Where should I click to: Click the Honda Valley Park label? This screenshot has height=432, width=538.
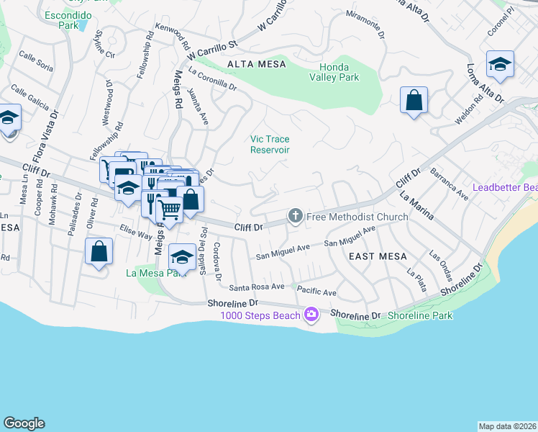tap(334, 72)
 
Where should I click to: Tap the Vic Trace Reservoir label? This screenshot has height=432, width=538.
tap(270, 145)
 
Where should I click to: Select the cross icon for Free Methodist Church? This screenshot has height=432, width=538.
tap(295, 216)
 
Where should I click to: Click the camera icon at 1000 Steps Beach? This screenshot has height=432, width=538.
tap(311, 314)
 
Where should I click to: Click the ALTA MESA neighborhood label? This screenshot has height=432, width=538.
tap(256, 64)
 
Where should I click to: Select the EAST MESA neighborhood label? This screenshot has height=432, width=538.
tap(378, 256)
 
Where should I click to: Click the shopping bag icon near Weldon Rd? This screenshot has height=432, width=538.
tap(414, 100)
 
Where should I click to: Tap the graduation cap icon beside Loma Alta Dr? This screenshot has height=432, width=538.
tap(500, 64)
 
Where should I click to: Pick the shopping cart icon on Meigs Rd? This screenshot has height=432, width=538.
tap(169, 210)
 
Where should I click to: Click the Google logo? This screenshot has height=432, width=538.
tap(24, 423)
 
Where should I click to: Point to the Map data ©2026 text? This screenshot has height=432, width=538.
tap(507, 426)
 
